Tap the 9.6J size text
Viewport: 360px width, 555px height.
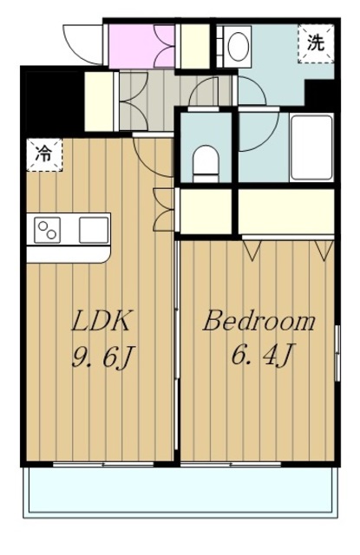[x=102, y=356]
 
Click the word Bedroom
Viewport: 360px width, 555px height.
[x=259, y=321]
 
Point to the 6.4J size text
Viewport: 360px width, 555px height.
[x=262, y=354]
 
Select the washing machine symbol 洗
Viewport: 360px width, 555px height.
[x=316, y=43]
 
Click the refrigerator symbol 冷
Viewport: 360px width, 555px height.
[x=44, y=154]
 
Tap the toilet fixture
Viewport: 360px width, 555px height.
[x=206, y=164]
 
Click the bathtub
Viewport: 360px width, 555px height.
[x=311, y=147]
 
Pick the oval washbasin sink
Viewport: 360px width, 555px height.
[x=238, y=46]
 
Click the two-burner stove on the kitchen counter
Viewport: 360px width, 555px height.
[x=48, y=230]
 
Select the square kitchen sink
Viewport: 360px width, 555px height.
[x=94, y=230]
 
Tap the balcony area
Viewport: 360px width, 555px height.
[x=180, y=492]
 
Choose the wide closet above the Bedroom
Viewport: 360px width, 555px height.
[x=286, y=212]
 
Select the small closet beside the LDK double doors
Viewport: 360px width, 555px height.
[x=206, y=212]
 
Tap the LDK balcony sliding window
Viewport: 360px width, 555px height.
[x=103, y=464]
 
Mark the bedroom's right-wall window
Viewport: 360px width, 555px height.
[x=337, y=353]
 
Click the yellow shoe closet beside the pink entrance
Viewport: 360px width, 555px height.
[x=195, y=46]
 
